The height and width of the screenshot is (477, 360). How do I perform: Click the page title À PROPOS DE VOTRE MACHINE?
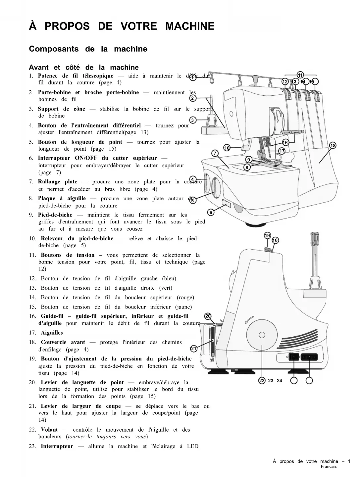click(122, 26)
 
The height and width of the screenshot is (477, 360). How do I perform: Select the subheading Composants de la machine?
click(88, 49)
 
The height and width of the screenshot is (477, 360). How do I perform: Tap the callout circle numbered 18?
click(333, 146)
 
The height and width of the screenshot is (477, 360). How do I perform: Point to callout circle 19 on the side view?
click(267, 236)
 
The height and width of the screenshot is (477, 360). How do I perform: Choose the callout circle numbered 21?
click(194, 348)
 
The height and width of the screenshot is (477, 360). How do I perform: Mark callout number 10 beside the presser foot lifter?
click(227, 148)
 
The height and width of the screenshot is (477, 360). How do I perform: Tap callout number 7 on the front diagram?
click(215, 153)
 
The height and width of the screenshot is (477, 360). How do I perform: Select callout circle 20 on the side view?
click(208, 316)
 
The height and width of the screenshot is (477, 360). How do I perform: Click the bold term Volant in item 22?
click(49, 430)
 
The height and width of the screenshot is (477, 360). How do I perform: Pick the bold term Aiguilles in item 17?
click(52, 333)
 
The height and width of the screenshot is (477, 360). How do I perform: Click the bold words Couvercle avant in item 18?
click(63, 342)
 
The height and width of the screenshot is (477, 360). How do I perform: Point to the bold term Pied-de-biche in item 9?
click(55, 215)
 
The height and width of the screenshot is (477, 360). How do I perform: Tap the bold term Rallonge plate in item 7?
click(58, 182)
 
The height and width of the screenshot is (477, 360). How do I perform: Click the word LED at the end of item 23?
click(192, 446)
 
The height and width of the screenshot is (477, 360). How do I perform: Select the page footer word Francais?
click(329, 467)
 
